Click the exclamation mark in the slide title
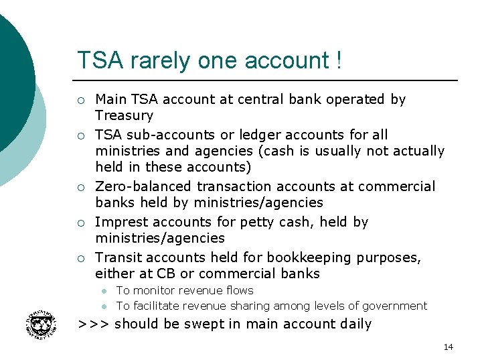[339, 60]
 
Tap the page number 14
[448, 347]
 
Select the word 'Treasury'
[125, 115]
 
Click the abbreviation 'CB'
[165, 274]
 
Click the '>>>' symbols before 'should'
[94, 324]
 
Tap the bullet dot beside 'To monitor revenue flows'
[104, 291]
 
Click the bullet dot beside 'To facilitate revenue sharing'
[104, 306]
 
